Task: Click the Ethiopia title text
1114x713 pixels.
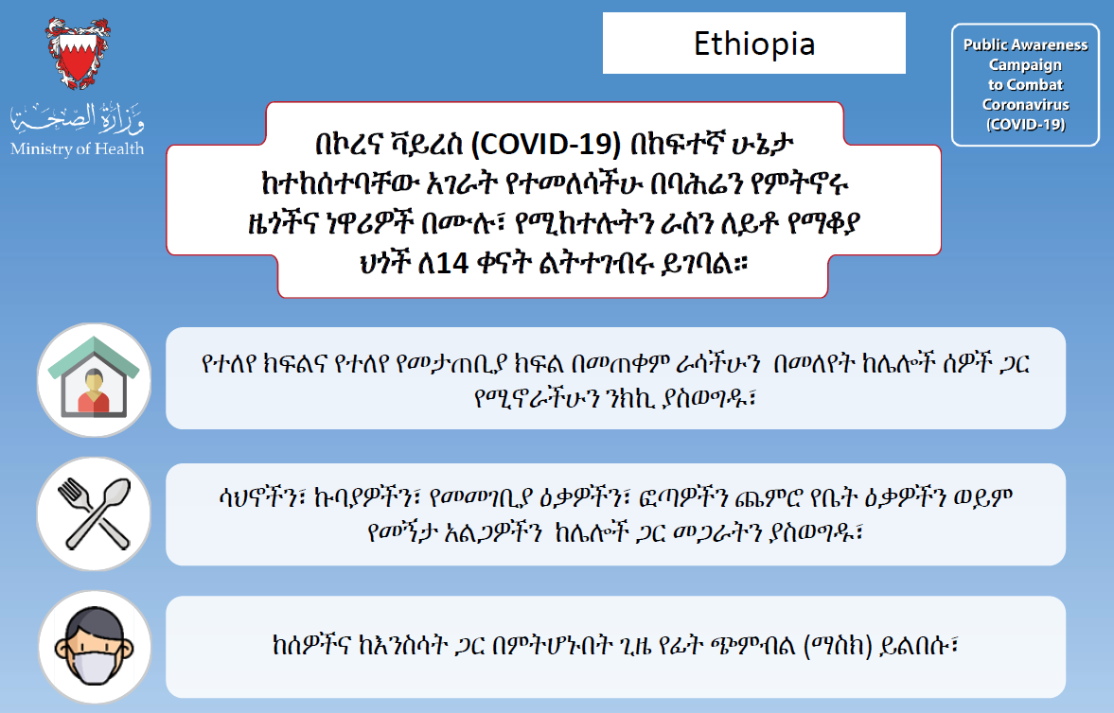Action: (x=753, y=44)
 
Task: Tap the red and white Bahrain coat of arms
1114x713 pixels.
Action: (x=78, y=54)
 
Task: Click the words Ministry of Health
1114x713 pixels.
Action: (x=77, y=148)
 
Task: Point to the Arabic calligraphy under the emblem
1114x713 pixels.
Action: (x=77, y=118)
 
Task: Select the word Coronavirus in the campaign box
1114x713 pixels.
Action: (x=1025, y=104)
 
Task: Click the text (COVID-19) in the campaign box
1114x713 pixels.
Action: (x=1025, y=124)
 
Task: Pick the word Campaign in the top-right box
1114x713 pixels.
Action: (x=1025, y=65)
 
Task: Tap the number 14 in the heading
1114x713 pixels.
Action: (x=452, y=264)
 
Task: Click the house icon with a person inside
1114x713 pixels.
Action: (x=94, y=380)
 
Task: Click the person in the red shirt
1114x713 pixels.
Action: (x=94, y=391)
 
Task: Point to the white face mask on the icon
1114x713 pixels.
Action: (x=94, y=665)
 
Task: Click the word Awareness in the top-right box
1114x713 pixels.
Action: (x=1047, y=44)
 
